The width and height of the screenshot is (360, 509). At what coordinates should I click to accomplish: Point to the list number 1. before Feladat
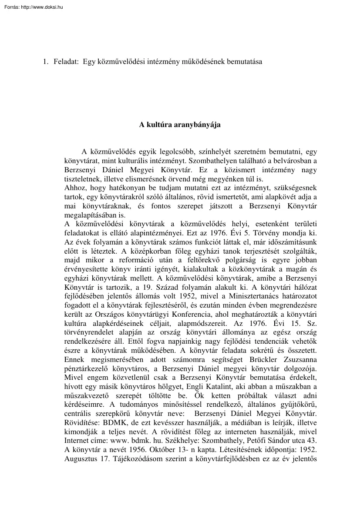pyautogui.click(x=45, y=62)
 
